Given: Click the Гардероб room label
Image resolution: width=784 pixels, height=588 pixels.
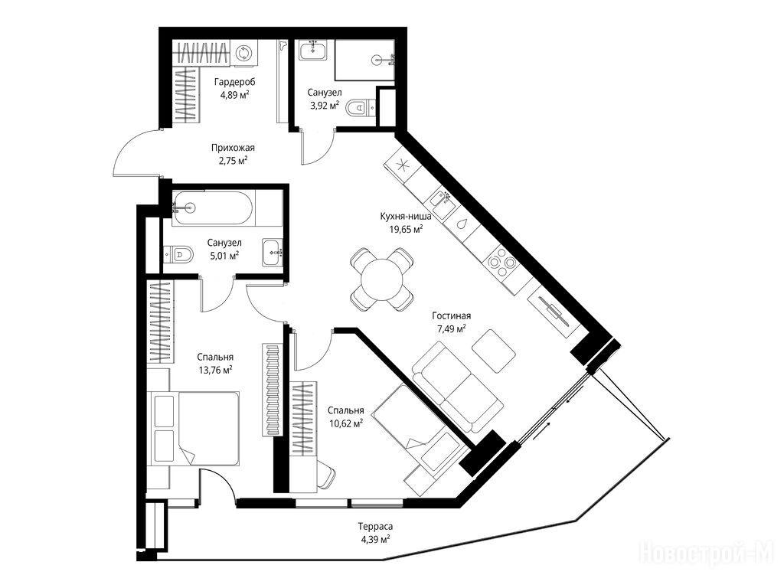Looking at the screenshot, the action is [234, 82].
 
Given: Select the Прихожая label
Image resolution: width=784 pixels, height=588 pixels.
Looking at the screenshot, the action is [233, 148].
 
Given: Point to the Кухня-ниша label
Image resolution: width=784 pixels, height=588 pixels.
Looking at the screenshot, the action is [406, 217].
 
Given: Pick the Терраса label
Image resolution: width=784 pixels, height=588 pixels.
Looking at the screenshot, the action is [375, 526].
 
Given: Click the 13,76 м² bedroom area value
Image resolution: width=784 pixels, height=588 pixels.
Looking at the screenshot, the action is [215, 370].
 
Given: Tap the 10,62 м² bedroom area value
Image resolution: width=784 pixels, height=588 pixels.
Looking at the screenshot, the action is [345, 423].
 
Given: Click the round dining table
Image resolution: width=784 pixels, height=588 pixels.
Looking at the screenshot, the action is [382, 279].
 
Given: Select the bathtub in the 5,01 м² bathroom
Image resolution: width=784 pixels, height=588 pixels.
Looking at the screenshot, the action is [212, 207].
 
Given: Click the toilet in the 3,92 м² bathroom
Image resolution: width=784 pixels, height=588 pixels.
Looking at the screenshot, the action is [361, 107].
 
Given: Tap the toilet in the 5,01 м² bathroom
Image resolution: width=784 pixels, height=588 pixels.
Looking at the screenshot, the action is [178, 254].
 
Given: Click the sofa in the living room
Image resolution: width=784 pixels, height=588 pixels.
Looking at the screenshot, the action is [458, 387].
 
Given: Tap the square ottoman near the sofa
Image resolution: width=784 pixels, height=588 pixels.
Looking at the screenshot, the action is [494, 351].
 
